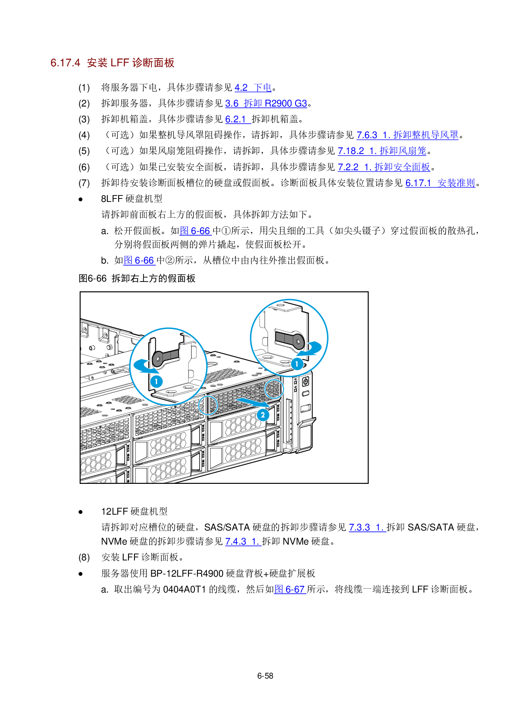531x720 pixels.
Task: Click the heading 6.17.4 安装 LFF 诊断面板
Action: click(112, 63)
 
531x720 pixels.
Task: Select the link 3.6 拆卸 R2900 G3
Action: click(266, 104)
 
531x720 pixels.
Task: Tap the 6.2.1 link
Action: click(238, 119)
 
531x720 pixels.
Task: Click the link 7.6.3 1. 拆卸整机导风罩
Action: click(407, 135)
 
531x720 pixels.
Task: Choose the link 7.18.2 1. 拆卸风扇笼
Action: click(382, 151)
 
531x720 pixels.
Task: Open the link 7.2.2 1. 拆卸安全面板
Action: click(384, 167)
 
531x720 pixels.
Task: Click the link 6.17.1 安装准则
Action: click(440, 183)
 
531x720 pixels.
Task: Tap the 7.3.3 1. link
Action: click(367, 527)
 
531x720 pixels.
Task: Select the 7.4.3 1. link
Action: click(243, 542)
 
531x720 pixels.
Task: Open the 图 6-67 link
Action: click(290, 590)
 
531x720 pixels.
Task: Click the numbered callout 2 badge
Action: click(263, 415)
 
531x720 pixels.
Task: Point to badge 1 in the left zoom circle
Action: click(157, 381)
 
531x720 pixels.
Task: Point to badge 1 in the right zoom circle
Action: click(297, 364)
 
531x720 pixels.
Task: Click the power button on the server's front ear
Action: click(305, 382)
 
